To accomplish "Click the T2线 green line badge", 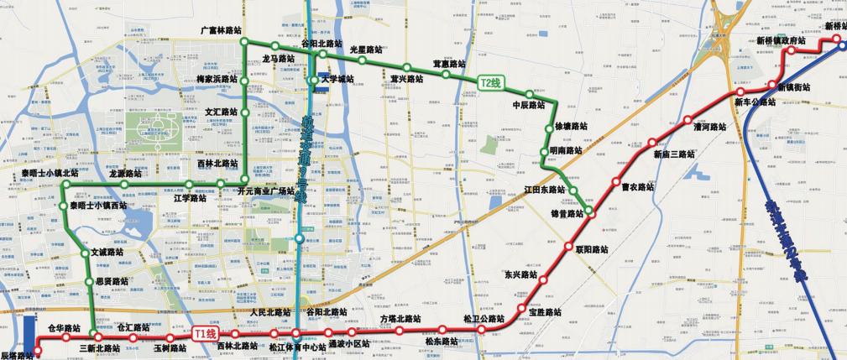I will tap(490, 82).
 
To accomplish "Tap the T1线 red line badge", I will tap(205, 333).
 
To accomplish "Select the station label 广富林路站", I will tap(221, 29).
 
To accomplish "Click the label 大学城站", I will tap(337, 80).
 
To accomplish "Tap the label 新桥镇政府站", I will tap(780, 40).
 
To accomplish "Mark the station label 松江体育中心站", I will tap(297, 346).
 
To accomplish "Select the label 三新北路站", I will tap(99, 347).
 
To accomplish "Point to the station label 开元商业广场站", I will tap(265, 191).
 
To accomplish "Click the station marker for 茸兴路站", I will tap(406, 67).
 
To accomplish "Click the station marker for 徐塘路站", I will tap(549, 128).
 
